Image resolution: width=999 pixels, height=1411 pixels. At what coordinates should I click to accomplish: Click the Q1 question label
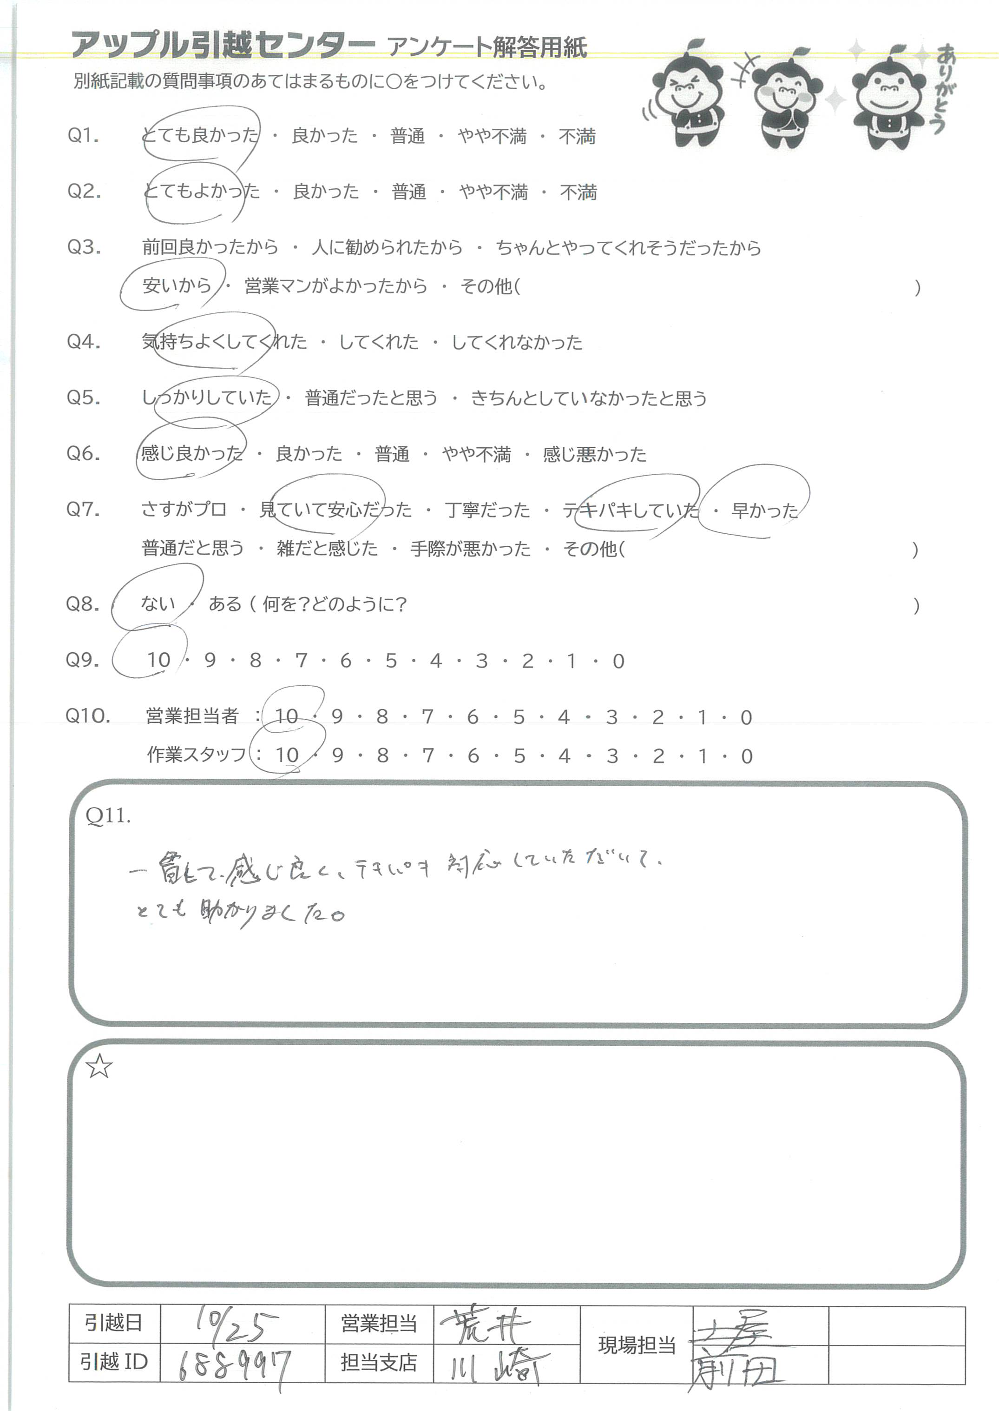84,135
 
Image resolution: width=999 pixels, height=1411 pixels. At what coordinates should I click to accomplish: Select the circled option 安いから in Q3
177,285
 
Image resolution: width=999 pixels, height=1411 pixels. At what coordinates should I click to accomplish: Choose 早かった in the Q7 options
764,510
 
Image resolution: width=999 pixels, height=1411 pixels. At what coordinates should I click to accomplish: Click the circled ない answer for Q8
158,603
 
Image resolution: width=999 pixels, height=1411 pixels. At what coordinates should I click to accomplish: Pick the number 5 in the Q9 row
391,660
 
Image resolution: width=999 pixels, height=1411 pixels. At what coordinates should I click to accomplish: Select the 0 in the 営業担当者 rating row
746,717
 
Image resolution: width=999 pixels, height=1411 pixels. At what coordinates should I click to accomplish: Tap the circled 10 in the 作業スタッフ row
287,755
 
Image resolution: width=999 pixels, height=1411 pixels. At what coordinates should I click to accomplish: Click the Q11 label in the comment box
108,816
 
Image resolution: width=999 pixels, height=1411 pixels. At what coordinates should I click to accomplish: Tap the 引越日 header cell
114,1323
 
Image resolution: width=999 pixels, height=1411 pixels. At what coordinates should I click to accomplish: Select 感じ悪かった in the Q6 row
594,454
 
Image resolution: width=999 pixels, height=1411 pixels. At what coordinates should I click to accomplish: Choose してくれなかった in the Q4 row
517,342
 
